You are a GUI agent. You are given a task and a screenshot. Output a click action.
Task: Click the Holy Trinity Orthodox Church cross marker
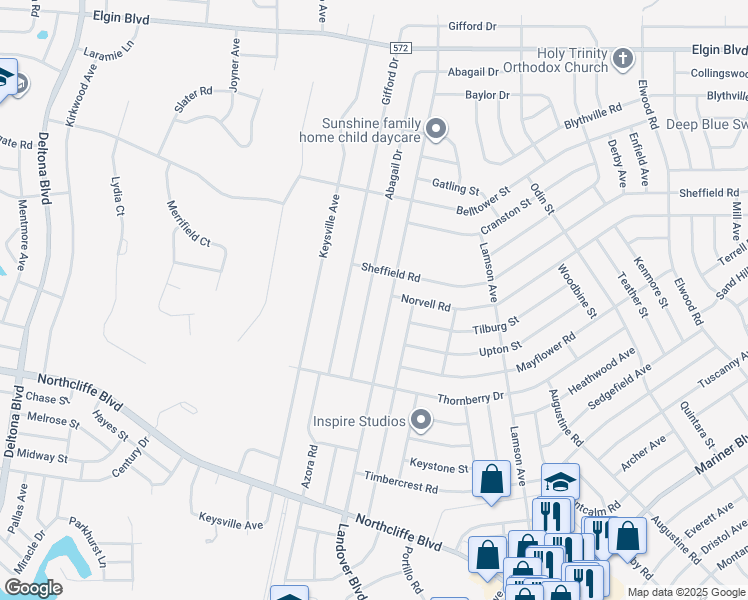(x=622, y=58)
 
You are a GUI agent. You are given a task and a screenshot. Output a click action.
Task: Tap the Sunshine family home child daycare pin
(x=435, y=128)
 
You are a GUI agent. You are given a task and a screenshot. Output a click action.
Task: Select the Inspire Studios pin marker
(x=421, y=421)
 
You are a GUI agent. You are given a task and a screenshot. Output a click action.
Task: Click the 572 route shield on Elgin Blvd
(x=399, y=46)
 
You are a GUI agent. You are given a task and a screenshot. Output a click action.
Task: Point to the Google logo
(x=33, y=587)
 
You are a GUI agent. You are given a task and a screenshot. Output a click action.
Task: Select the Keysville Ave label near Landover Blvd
(x=230, y=524)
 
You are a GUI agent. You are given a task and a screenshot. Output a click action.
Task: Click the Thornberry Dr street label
(x=470, y=396)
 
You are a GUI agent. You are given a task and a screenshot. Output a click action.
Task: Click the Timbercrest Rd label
(x=401, y=486)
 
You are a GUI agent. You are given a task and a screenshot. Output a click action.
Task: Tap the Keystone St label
(x=439, y=466)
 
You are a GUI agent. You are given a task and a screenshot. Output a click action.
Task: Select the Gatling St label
(x=456, y=186)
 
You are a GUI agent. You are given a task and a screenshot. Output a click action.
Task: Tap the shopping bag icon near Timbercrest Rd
(x=491, y=477)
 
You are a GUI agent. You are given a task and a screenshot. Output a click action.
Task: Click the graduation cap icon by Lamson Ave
(x=560, y=479)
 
